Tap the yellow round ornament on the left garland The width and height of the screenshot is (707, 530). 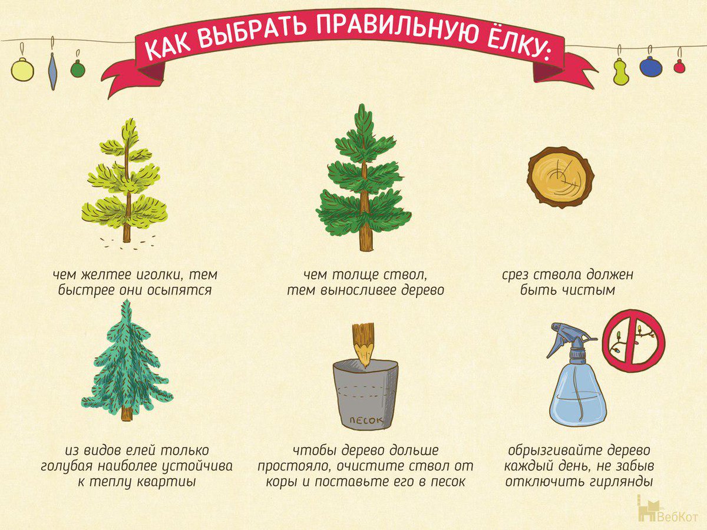pos(22,69)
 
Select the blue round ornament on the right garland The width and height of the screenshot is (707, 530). pos(650,67)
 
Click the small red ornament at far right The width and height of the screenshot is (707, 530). pos(679,67)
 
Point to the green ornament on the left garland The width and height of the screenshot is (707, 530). pos(78,69)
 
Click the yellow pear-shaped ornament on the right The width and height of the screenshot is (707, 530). pos(620,72)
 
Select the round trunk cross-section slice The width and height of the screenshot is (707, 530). pos(560,177)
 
